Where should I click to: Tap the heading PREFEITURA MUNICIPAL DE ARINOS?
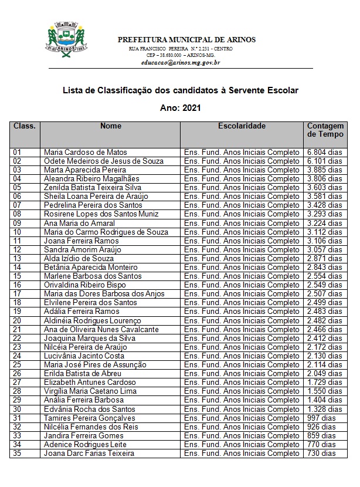coord(186,39)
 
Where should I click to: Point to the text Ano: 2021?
coord(180,108)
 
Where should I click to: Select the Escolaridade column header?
coord(242,126)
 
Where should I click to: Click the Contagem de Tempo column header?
coord(322,130)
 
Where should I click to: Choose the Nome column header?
coord(111,126)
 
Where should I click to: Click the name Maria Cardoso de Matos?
coord(85,153)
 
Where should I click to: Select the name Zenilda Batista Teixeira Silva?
coord(93,188)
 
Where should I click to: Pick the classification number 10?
coord(17,232)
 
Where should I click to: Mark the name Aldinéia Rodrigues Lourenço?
coord(92,321)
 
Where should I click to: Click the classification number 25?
coord(17,365)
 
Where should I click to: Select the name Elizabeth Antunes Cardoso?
coord(89,383)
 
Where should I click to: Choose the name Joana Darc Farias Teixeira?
coord(89,454)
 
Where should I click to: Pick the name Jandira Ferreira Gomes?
coord(84,436)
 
